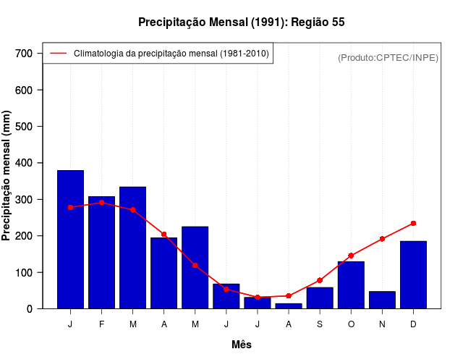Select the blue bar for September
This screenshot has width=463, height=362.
pos(319,298)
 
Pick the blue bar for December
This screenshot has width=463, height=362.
pos(413,274)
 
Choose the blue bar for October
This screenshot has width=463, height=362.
pos(351,285)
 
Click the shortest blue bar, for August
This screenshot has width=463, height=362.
pos(289,306)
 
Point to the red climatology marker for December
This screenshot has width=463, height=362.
pos(413,223)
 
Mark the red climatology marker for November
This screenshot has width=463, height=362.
pos(382,239)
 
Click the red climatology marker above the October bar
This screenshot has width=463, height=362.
pos(351,256)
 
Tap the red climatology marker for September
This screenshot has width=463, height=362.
pos(319,280)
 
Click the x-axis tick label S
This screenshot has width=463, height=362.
pos(319,324)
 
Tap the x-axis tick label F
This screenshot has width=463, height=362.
pos(101,324)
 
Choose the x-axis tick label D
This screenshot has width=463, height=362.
pos(413,324)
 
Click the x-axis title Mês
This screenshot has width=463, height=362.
pos(242,345)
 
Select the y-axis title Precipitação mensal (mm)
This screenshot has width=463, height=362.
pos(7,175)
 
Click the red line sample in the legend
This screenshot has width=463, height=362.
pos(59,54)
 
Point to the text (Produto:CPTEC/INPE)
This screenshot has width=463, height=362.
pos(388,57)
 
